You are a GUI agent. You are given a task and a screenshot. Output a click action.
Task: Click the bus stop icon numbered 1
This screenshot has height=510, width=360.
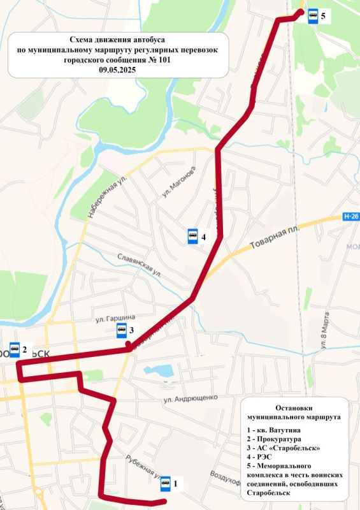166,483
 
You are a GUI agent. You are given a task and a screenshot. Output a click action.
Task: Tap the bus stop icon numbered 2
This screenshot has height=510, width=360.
15,349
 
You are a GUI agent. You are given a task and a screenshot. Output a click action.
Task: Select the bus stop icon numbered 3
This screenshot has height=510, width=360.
121,330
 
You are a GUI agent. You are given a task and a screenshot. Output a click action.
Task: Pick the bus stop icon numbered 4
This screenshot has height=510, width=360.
192,237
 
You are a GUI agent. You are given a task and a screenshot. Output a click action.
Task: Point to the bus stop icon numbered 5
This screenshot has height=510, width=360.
313,16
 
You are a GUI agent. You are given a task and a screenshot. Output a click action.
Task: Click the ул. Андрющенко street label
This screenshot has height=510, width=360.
190,398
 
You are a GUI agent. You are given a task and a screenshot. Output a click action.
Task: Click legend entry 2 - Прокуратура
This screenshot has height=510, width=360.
275,439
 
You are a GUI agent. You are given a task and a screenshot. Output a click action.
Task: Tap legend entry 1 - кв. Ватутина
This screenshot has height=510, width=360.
278,429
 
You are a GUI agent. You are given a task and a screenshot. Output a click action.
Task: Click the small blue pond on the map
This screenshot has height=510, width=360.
159,370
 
